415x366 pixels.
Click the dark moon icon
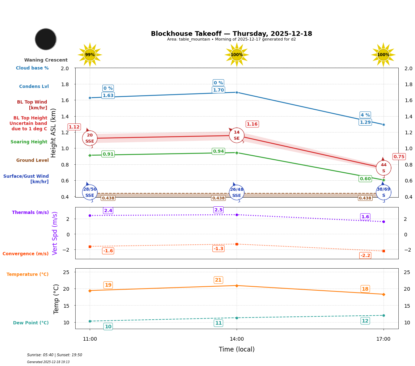[46, 39]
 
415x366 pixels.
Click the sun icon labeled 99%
[90, 55]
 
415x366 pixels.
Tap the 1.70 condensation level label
[218, 90]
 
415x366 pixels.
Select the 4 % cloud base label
[365, 115]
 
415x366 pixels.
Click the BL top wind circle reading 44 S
[383, 168]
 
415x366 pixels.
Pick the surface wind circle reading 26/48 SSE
[237, 192]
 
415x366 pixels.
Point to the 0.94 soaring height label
[218, 151]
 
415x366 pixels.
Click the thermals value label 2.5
[219, 210]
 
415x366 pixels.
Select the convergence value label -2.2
[365, 256]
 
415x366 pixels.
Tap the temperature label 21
[218, 280]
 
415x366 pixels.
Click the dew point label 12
[365, 321]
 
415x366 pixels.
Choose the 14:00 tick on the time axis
[237, 339]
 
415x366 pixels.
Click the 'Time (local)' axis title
[237, 349]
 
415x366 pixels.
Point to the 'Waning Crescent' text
[46, 60]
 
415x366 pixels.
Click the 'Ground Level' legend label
[32, 160]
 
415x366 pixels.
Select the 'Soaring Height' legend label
[29, 142]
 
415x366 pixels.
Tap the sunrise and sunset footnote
[55, 355]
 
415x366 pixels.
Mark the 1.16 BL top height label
[252, 124]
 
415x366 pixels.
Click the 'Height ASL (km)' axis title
[54, 132]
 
